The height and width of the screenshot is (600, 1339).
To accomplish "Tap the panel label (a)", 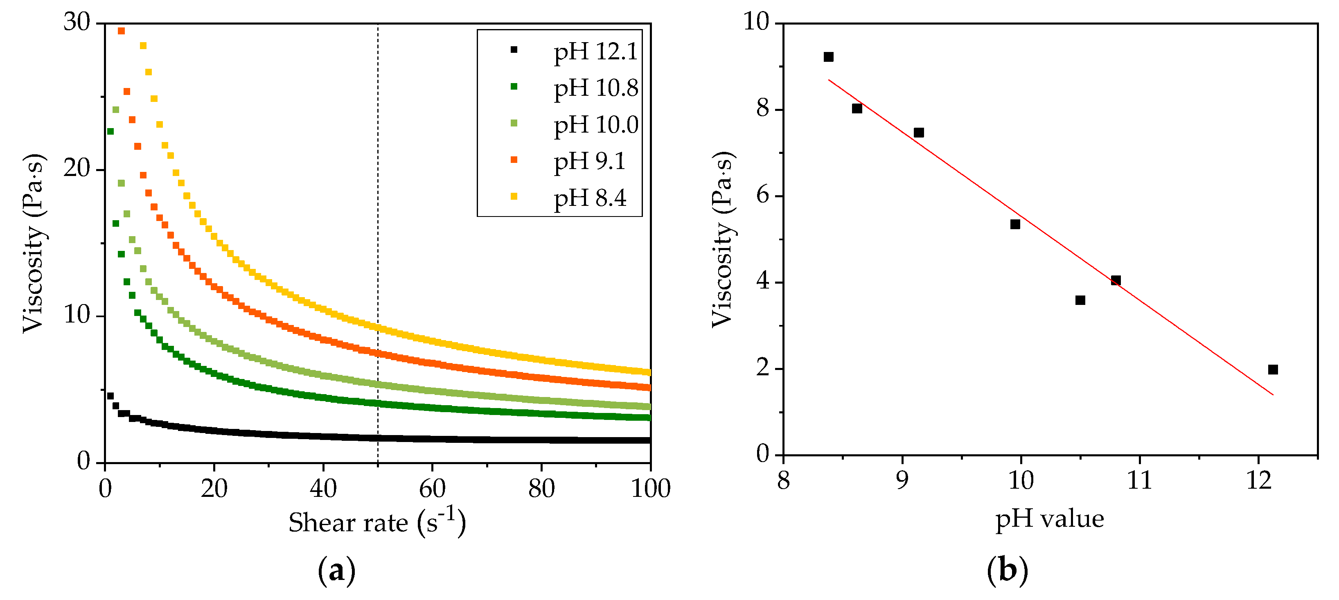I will (x=336, y=571).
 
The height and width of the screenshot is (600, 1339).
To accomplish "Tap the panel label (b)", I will (x=1007, y=571).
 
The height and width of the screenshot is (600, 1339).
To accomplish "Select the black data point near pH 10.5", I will (x=1080, y=300).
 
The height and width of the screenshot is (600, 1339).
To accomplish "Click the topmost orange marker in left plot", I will (x=121, y=31).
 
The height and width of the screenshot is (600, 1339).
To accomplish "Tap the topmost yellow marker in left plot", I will (x=143, y=46).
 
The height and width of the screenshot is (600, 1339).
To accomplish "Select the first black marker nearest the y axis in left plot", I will (x=110, y=396).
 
